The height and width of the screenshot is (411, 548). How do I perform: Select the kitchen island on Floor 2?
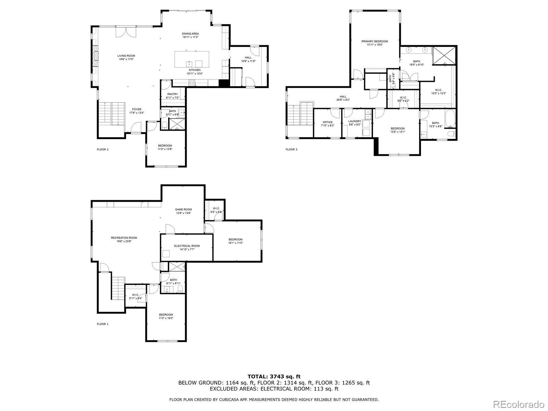tap(192, 59)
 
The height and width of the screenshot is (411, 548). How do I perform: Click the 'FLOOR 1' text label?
tap(102, 324)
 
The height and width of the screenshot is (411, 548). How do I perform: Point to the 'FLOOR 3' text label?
tap(291, 149)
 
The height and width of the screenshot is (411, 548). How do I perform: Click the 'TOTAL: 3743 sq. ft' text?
tap(274, 376)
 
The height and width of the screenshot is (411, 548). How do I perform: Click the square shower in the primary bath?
tap(444, 55)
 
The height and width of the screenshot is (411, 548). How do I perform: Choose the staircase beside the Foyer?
tap(110, 114)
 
